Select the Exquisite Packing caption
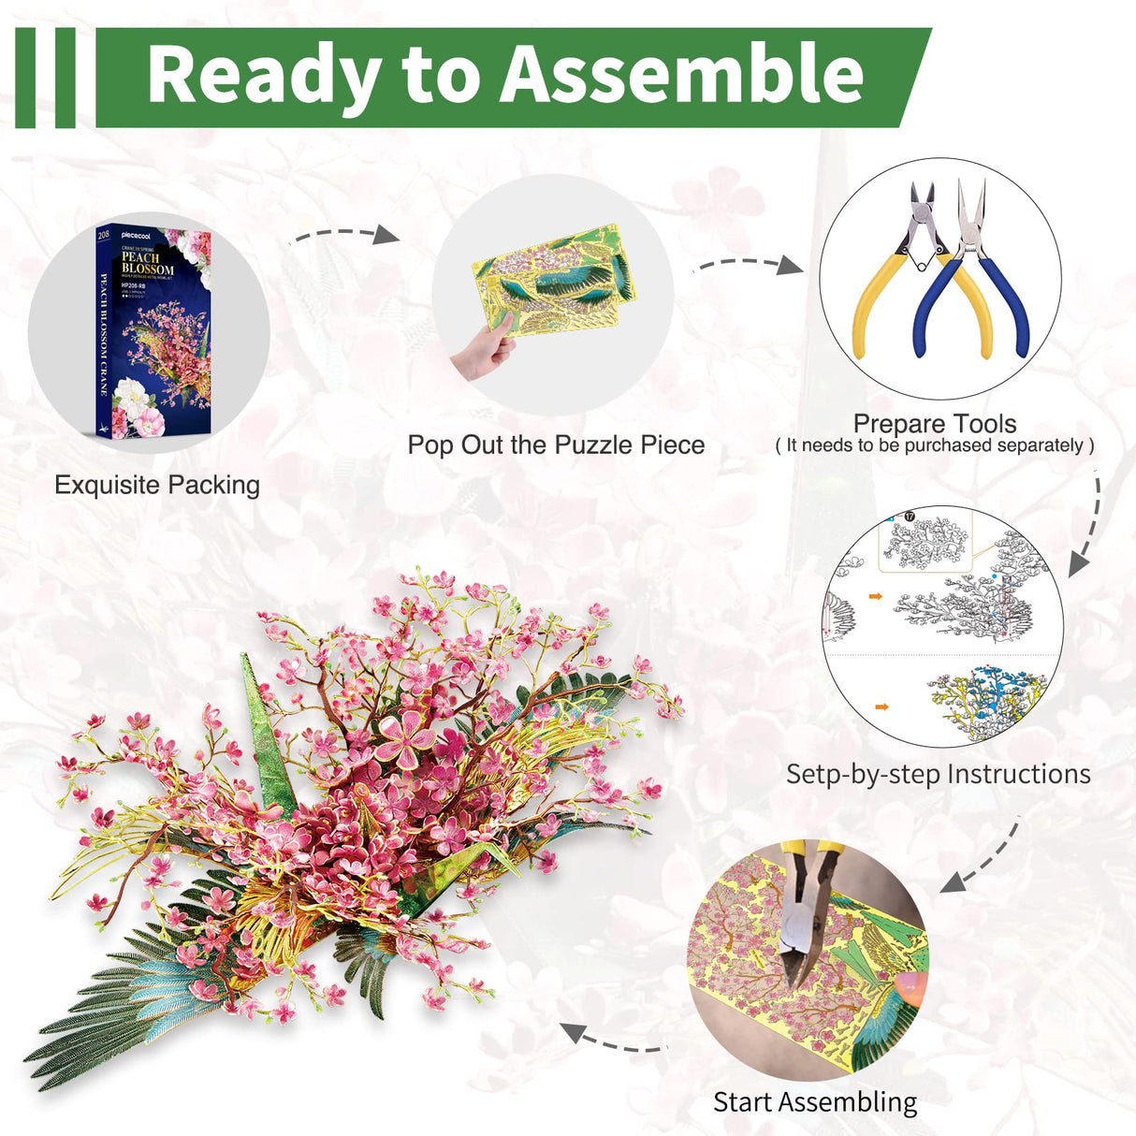157,485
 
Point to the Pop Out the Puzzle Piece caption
556,444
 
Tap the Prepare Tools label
935,424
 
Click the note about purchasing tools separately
935,445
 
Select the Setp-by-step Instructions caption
938,774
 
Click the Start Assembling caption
815,1101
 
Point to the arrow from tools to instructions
1089,524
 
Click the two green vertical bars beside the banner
45,77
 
